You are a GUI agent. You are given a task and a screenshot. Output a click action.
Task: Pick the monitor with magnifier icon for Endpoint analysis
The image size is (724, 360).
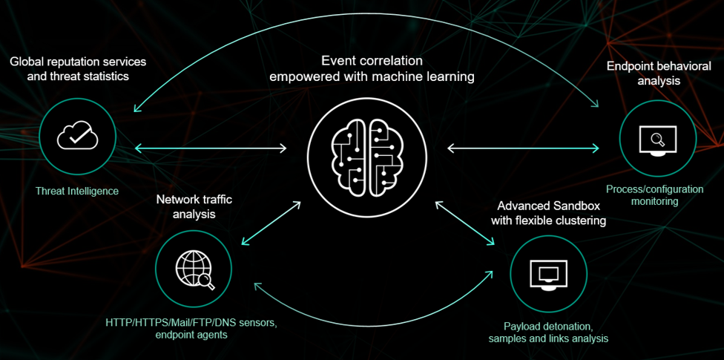658,139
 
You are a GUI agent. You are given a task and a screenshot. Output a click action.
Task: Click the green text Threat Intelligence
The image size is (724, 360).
77,192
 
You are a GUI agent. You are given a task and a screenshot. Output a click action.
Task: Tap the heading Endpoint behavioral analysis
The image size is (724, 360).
643,73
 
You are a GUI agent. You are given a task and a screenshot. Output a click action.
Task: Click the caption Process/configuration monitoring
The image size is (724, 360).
654,195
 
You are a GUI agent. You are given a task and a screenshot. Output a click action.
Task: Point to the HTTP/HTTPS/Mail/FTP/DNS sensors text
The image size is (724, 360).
191,322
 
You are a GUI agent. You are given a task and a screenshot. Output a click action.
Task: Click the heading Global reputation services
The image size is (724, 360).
78,62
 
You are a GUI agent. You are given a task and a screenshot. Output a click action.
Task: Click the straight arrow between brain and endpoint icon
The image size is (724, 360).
523,148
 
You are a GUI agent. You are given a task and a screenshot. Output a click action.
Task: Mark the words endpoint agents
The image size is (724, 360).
191,335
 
